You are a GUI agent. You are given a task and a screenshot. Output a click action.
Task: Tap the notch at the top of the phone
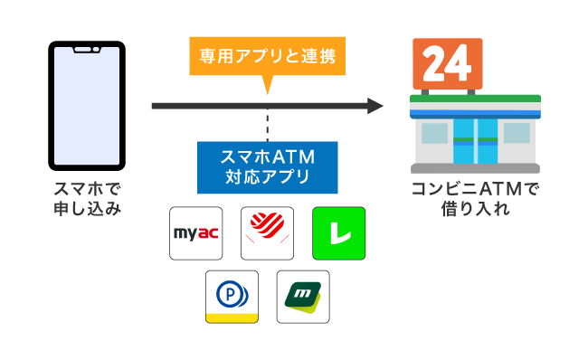pyautogui.click(x=87, y=47)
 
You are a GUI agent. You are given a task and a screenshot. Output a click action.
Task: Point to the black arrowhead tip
pyautogui.click(x=382, y=107)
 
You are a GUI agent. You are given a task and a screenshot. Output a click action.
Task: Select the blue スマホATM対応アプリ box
pyautogui.click(x=267, y=166)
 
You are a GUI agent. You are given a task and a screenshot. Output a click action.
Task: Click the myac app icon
pyautogui.click(x=196, y=233)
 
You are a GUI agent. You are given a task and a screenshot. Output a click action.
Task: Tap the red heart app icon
pyautogui.click(x=267, y=233)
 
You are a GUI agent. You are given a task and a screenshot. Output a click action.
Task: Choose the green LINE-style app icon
pyautogui.click(x=337, y=233)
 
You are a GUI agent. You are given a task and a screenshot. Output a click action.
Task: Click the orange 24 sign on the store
pyautogui.click(x=446, y=63)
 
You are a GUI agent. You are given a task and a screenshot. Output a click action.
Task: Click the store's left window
pyautogui.click(x=434, y=133)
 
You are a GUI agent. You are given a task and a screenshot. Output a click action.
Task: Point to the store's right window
pyautogui.click(x=517, y=133)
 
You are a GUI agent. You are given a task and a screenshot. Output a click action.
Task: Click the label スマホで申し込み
pyautogui.click(x=87, y=199)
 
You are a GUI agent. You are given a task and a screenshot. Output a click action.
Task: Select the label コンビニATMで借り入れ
pyautogui.click(x=475, y=199)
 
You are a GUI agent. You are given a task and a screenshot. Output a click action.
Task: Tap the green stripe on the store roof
pyautogui.click(x=475, y=99)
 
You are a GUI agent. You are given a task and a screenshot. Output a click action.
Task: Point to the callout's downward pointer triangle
pyautogui.click(x=267, y=86)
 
